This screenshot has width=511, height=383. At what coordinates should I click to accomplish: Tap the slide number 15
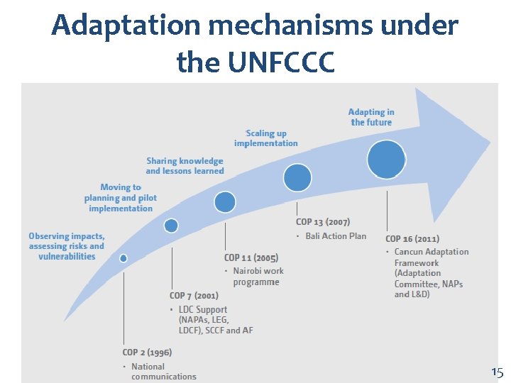[497, 372]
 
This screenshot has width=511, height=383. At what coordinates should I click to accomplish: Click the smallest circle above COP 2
[123, 259]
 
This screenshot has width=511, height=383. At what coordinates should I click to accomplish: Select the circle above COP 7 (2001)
[171, 226]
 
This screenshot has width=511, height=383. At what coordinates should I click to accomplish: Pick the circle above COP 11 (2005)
[225, 203]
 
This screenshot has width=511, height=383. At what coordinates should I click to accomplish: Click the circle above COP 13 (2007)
[297, 177]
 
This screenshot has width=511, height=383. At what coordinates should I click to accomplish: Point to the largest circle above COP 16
[387, 160]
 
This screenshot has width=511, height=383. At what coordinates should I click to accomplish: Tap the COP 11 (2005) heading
[251, 257]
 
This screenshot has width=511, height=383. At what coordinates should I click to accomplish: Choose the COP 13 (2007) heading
[323, 222]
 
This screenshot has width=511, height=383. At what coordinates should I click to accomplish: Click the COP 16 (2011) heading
[412, 239]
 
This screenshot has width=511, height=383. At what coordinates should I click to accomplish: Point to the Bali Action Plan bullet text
[336, 235]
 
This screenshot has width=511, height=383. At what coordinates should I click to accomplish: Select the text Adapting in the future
[371, 117]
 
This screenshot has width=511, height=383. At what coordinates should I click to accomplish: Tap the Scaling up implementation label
[266, 138]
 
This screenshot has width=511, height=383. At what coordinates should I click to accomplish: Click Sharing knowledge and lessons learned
[185, 166]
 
